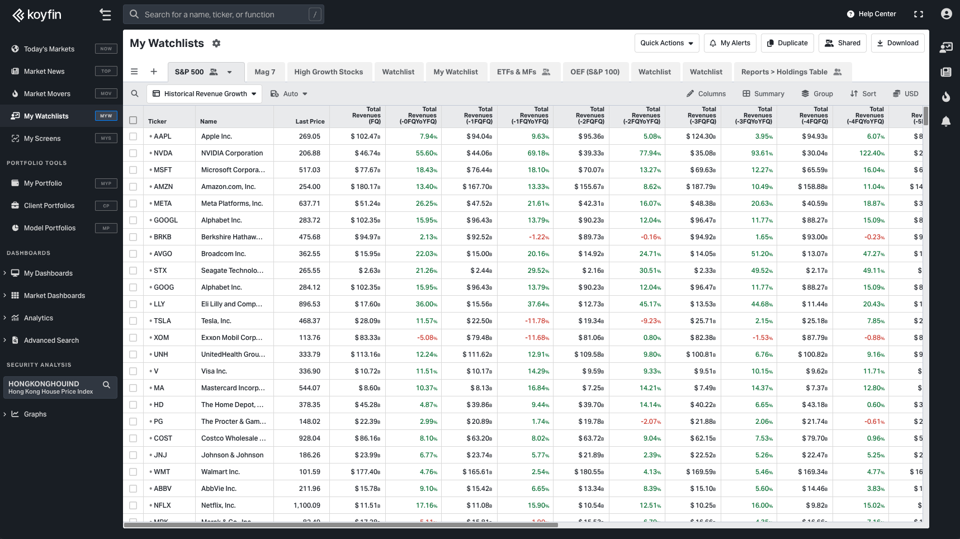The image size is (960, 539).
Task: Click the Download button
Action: (897, 43)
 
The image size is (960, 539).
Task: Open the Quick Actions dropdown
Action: (666, 43)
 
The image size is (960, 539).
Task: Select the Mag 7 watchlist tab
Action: (264, 72)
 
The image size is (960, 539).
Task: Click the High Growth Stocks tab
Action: (328, 72)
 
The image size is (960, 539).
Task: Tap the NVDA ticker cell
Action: (163, 153)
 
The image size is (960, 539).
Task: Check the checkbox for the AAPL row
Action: (133, 136)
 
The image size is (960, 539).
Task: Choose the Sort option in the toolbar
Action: (863, 94)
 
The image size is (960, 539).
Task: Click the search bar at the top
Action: (224, 15)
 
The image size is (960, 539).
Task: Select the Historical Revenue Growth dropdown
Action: (205, 94)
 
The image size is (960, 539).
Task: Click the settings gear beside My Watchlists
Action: (216, 44)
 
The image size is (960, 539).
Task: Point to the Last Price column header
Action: (310, 121)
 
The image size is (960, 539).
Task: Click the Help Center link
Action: (872, 14)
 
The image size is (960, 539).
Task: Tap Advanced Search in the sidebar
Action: (51, 341)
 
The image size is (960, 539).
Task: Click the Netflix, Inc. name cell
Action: (218, 505)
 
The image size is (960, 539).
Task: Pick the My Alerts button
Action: (730, 43)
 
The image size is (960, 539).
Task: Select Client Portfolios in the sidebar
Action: (49, 206)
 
